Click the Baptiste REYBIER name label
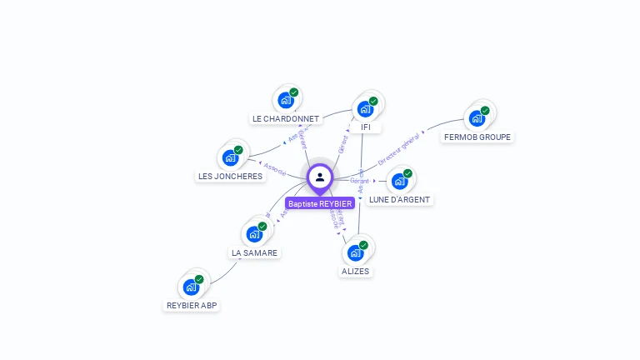[320, 203]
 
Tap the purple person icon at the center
[320, 177]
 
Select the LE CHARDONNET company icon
[286, 100]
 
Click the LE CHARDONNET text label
[286, 119]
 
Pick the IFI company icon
[365, 108]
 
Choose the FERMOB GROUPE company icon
[477, 117]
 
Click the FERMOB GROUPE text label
[477, 137]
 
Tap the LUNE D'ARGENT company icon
[399, 181]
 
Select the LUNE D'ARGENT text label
[400, 200]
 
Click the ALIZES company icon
[356, 252]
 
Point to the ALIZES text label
[356, 272]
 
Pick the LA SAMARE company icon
[254, 233]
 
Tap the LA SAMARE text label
[255, 252]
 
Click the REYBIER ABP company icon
[191, 287]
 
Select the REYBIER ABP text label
[192, 306]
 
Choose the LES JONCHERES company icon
[230, 157]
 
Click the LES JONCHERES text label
[230, 177]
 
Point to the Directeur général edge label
[398, 152]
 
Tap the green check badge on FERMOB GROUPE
[485, 110]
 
